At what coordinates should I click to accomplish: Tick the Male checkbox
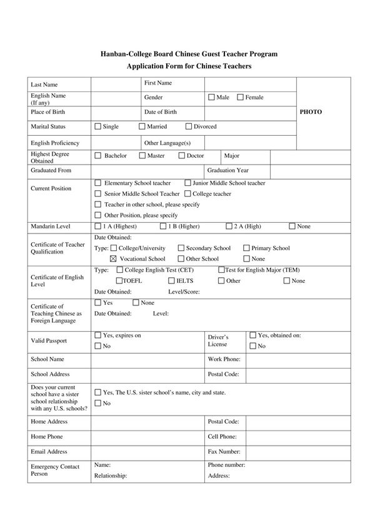coord(211,98)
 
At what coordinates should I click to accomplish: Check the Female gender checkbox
coord(240,98)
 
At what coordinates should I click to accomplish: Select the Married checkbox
coord(142,126)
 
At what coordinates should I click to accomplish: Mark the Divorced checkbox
coord(189,126)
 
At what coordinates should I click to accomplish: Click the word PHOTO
coord(311,112)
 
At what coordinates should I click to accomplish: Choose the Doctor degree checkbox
coord(182,155)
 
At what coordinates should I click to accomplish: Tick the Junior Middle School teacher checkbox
coord(187,183)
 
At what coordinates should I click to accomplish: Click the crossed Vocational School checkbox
coord(113,258)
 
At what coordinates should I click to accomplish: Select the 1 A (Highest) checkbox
coord(97,226)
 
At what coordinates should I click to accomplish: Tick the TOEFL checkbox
coord(119,280)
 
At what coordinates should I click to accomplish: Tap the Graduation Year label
coord(227,170)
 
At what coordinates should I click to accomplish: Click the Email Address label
coord(49,451)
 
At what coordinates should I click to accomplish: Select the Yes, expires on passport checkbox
coord(97,335)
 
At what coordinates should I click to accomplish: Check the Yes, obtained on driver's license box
coord(252,335)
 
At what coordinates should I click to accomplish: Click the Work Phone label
coord(223,360)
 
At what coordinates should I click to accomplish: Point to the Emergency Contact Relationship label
coord(110,476)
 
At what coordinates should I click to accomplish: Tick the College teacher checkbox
coord(187,194)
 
